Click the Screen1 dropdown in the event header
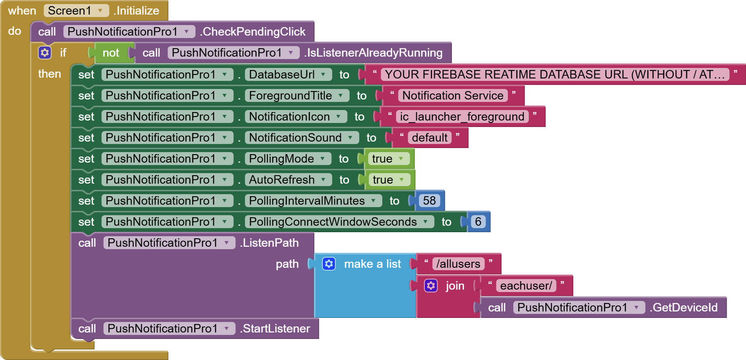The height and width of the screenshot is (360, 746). pos(76,11)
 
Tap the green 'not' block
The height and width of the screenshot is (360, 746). pos(110,53)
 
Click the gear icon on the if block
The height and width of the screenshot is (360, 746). pos(45,53)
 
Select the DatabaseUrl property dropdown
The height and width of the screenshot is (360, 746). pos(288,74)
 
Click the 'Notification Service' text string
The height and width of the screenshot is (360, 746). pos(453,95)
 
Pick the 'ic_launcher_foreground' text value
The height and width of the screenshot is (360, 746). pos(462,116)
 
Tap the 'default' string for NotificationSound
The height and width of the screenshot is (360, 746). pos(429,138)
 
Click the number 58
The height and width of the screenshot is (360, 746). pos(429,201)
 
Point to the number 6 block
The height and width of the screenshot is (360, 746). pos(478,222)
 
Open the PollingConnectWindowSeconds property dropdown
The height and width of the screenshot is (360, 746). pos(339,222)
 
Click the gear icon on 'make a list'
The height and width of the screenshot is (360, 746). pos(329,264)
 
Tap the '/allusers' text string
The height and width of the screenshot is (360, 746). pos(458,264)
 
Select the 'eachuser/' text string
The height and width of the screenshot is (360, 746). pos(526,286)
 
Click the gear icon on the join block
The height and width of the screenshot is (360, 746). pos(431,286)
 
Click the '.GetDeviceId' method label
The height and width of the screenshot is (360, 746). pos(685,307)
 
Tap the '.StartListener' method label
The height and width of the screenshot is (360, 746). pos(276,328)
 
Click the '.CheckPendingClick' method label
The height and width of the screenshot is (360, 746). pos(253,32)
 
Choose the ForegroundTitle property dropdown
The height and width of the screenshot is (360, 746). pos(297,95)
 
